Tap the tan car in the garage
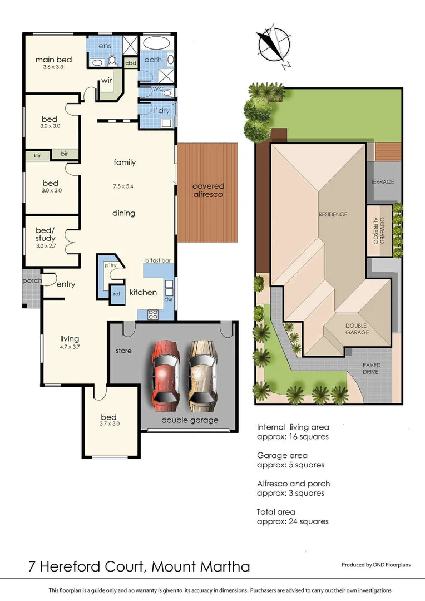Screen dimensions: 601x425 [201, 372]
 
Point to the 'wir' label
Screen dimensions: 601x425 [107, 82]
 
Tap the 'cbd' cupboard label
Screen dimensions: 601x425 [131, 63]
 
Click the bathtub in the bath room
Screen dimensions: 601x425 [158, 43]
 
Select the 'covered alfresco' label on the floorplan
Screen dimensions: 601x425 [208, 190]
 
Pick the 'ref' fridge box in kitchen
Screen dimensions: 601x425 [117, 294]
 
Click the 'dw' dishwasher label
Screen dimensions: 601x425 [167, 299]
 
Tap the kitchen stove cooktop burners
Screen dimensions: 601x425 [152, 314]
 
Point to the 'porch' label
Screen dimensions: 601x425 [32, 280]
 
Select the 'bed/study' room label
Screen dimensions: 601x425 [45, 235]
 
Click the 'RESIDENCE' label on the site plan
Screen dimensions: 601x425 [333, 214]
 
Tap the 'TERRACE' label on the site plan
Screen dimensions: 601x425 [382, 182]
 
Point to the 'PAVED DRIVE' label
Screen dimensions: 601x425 [371, 368]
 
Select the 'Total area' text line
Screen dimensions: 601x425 [276, 511]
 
